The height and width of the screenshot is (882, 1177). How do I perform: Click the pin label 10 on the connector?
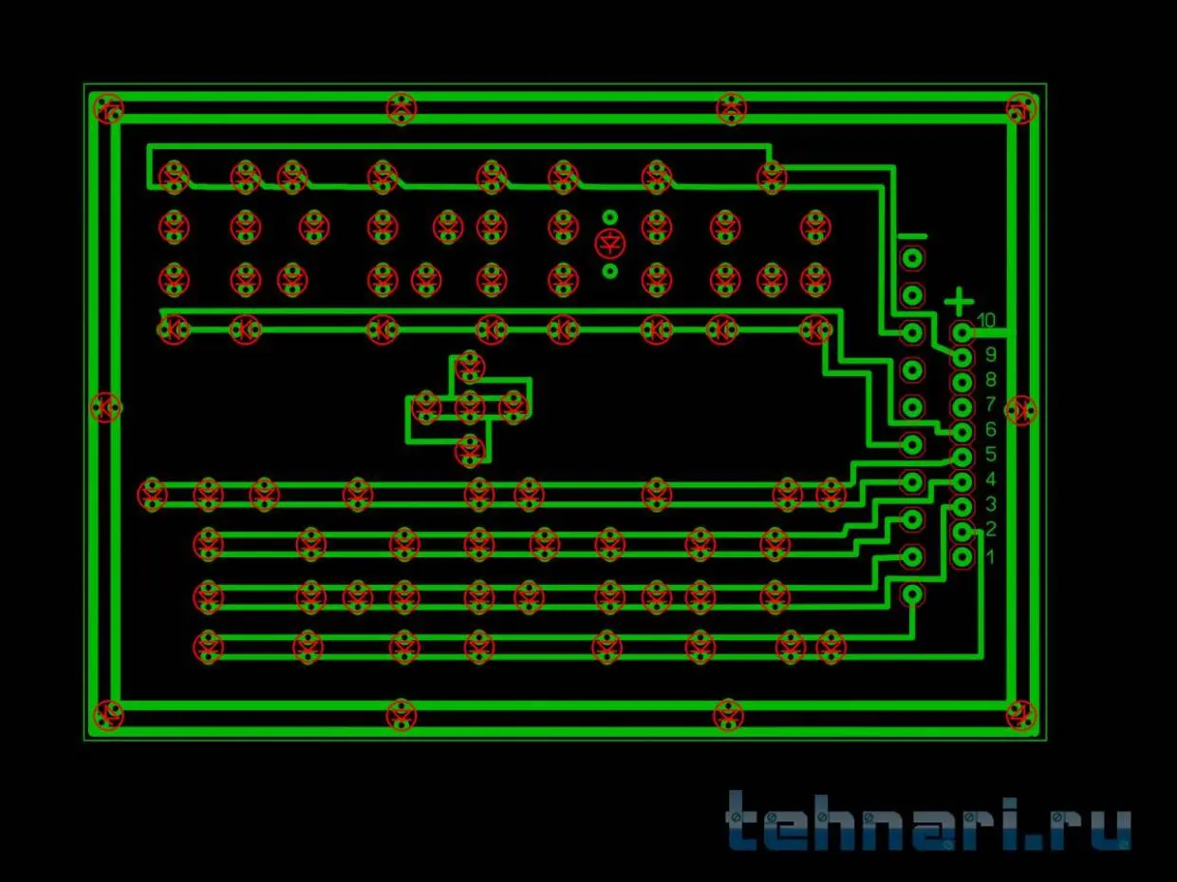[985, 321]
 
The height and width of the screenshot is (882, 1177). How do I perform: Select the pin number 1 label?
[990, 557]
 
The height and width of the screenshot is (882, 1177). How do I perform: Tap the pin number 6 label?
[990, 429]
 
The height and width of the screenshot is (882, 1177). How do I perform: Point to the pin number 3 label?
[990, 504]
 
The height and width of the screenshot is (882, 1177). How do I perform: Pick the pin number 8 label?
[990, 380]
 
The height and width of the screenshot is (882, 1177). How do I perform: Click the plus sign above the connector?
[959, 301]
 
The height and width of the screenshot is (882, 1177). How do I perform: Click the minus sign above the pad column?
[912, 235]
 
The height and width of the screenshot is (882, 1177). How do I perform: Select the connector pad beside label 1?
[962, 557]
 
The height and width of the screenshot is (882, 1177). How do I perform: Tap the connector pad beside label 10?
[962, 333]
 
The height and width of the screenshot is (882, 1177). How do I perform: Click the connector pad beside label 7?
[962, 407]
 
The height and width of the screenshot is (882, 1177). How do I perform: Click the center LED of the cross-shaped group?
[470, 407]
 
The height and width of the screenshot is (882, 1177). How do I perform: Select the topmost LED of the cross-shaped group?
[470, 367]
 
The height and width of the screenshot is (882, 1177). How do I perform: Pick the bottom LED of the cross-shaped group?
[470, 450]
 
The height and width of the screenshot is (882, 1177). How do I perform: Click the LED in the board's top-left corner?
[109, 109]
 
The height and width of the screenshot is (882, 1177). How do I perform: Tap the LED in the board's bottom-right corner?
[1021, 716]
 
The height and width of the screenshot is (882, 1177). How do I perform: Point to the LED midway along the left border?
[105, 407]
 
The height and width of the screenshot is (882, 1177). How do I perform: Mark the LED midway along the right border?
[1021, 411]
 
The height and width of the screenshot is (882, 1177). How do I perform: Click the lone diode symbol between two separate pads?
[610, 244]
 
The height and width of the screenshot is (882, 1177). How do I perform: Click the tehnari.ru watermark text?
[928, 821]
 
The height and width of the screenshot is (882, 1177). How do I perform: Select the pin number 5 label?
[990, 455]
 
